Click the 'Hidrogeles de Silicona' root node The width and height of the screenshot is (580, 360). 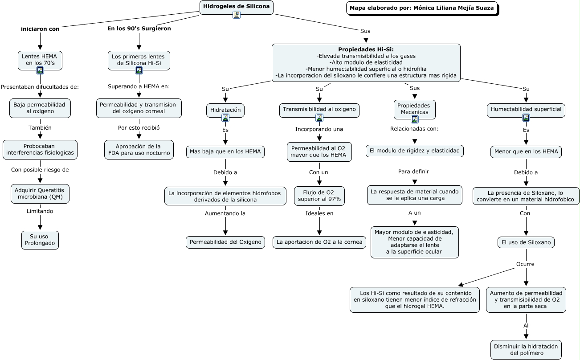click(x=237, y=7)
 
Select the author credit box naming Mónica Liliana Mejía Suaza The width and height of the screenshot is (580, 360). click(x=422, y=8)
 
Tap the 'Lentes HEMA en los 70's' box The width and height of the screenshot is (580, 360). click(x=40, y=60)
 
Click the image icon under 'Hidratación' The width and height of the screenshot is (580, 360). click(x=225, y=118)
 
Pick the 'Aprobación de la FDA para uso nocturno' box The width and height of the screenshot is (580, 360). click(x=139, y=150)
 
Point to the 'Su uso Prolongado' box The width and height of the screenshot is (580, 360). click(x=40, y=240)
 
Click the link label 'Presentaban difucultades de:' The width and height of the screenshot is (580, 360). click(x=40, y=87)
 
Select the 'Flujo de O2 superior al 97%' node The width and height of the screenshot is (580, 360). click(x=319, y=196)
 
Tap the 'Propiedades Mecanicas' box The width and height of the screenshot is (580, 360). click(x=415, y=109)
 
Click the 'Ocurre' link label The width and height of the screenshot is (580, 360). click(x=525, y=264)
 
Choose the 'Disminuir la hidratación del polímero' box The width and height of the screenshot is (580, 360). click(x=526, y=350)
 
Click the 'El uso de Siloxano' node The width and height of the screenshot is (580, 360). click(x=526, y=242)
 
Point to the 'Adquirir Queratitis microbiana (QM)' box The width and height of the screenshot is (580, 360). click(x=40, y=194)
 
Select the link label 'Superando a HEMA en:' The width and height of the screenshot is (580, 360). click(x=139, y=86)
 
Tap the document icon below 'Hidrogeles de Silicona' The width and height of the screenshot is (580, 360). click(x=237, y=15)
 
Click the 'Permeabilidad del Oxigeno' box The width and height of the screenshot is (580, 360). click(x=225, y=242)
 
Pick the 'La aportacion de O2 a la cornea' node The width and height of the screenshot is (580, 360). click(x=319, y=242)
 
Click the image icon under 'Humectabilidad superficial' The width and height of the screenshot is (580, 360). click(x=526, y=118)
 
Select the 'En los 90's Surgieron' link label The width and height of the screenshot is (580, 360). click(x=139, y=29)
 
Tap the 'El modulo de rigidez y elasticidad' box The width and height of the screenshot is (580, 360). click(x=415, y=151)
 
